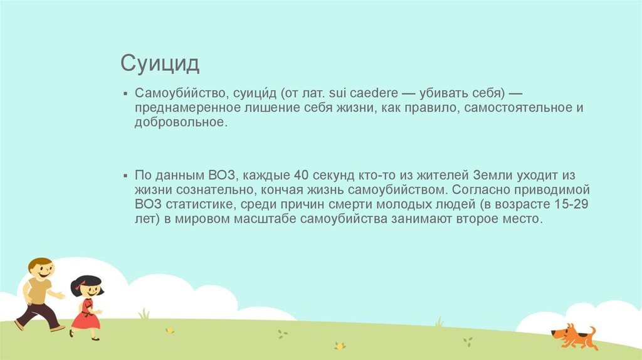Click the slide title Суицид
160,63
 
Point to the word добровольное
179,122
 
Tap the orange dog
573,336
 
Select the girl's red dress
85,315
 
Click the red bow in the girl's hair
78,284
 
